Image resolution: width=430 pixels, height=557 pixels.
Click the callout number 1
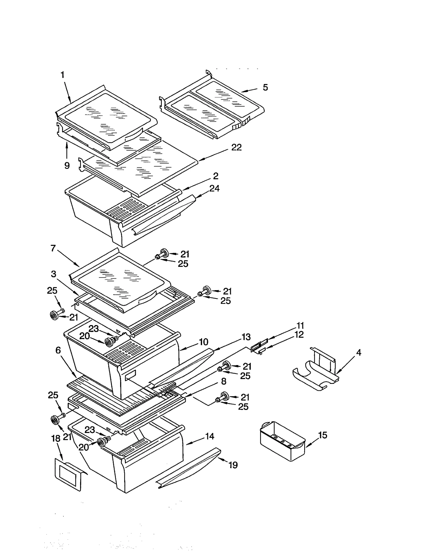(x=62, y=75)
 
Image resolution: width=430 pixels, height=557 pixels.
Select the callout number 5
(x=265, y=88)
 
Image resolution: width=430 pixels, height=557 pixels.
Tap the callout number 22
(x=236, y=147)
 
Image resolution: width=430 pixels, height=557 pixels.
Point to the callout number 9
(x=67, y=166)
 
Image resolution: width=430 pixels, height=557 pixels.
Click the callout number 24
(x=214, y=188)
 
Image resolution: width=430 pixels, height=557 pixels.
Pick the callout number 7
(x=53, y=248)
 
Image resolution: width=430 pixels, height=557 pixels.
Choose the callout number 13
(x=246, y=337)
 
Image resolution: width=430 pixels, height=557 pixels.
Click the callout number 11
(x=300, y=325)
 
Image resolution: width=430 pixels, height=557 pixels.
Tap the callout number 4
(x=359, y=352)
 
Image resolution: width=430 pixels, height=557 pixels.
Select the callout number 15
(x=322, y=435)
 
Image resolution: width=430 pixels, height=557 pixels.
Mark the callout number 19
(x=233, y=465)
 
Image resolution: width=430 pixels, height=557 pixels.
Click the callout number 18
(x=56, y=438)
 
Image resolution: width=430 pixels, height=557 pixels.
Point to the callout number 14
(x=209, y=436)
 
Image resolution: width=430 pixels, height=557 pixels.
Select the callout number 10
(x=203, y=342)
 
